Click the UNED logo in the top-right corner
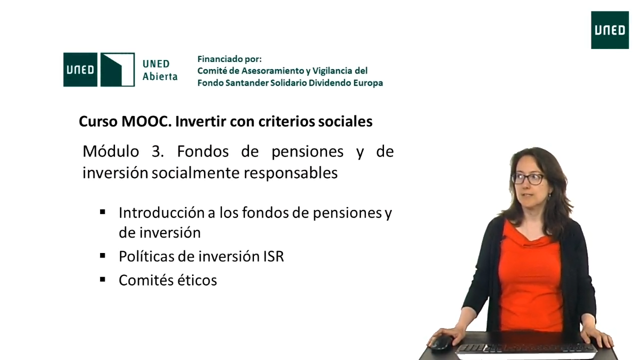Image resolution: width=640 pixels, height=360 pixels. tap(609, 30)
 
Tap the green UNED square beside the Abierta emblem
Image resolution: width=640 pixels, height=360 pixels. tap(80, 69)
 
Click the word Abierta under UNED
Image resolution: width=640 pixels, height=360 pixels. tap(160, 76)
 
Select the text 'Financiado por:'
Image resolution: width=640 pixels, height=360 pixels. tap(229, 59)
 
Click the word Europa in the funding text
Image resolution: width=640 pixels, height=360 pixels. tap(368, 83)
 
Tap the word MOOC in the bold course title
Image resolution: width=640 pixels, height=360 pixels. tap(146, 121)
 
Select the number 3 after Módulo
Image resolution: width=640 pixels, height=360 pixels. tap(157, 151)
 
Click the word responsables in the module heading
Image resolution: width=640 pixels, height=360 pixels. tap(290, 173)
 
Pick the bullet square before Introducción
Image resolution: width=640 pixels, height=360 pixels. tap(102, 212)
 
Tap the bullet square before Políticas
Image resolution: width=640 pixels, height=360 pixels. tap(102, 255)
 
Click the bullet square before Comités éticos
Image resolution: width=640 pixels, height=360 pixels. tap(102, 279)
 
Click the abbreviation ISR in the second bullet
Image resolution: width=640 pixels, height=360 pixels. tap(273, 256)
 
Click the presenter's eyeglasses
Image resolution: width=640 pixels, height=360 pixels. tap(528, 179)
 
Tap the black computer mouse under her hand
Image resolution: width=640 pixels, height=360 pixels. tap(441, 342)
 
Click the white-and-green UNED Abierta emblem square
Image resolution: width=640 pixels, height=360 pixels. tap(117, 69)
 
